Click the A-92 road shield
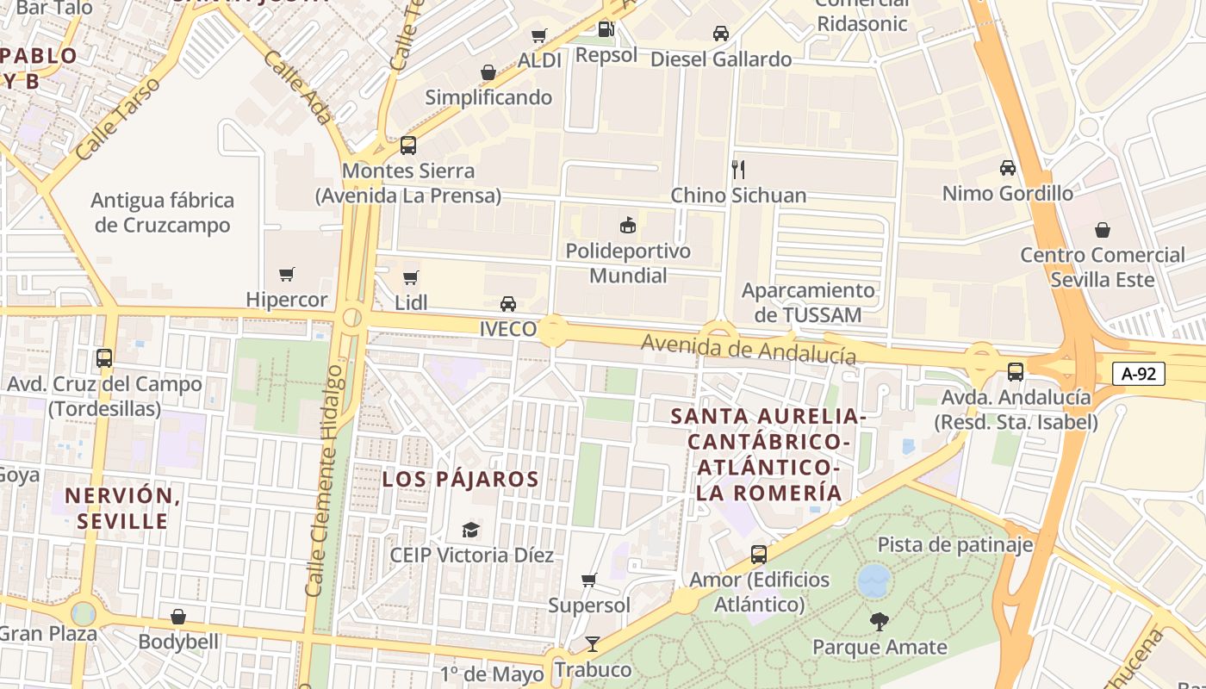[x=1138, y=374]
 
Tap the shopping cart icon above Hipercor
[x=287, y=275]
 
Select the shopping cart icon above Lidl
[x=411, y=277]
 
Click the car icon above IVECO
[x=508, y=304]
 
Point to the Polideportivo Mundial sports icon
[x=628, y=226]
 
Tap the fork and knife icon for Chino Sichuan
[x=737, y=169]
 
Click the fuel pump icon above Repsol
[x=606, y=29]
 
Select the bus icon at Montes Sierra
[x=408, y=146]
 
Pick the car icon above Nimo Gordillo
[x=1007, y=168]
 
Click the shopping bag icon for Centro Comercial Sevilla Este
[x=1102, y=230]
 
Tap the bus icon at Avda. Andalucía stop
[x=1016, y=372]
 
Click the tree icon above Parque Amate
[x=879, y=621]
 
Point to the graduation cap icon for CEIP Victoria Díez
[x=470, y=529]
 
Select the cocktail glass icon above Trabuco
[x=592, y=643]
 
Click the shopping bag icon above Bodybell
[x=178, y=617]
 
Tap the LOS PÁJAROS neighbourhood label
[x=460, y=480]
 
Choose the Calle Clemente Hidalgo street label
[x=326, y=478]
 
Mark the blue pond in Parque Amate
[x=873, y=580]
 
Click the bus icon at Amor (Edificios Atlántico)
[x=758, y=555]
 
